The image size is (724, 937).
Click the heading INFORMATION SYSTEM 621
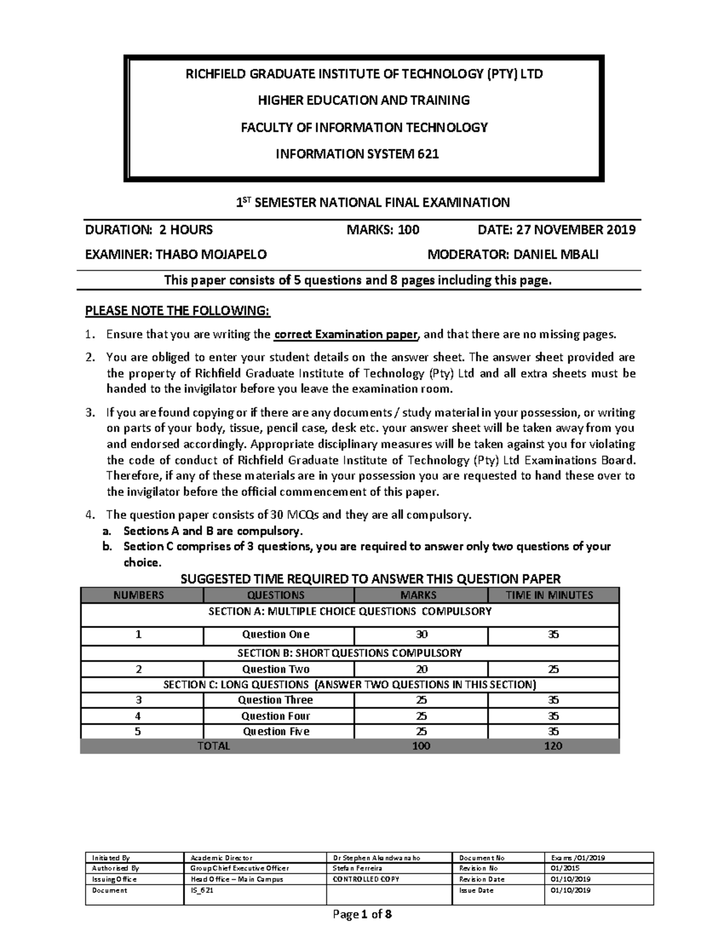click(x=357, y=154)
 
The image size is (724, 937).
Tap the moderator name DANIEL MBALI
click(x=556, y=255)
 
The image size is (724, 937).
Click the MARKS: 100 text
click(x=383, y=230)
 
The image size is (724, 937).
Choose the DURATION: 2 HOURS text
click(x=149, y=230)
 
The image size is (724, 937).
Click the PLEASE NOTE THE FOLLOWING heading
click(x=178, y=311)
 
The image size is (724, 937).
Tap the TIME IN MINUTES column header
click(x=553, y=595)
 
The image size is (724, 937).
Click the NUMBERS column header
click(x=139, y=595)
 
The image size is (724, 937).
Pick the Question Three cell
click(x=276, y=700)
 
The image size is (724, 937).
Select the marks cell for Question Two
click(x=421, y=669)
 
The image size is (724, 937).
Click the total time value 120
click(x=553, y=746)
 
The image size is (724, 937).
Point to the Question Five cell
click(x=276, y=731)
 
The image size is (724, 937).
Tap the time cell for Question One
click(x=553, y=635)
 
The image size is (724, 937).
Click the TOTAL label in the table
click(x=214, y=746)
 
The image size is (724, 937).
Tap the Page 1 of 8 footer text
click(x=362, y=914)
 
